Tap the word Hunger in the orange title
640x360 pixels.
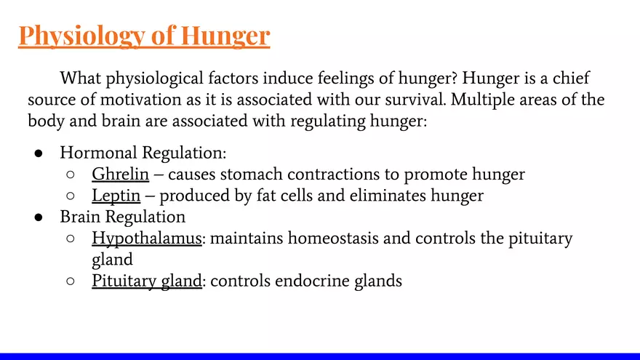[225, 35]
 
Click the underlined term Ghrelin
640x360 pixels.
[120, 175]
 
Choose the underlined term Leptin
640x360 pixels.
[116, 196]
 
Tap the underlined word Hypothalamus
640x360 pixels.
[146, 238]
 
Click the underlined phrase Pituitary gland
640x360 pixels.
[146, 280]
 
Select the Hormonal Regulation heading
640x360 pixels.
[143, 153]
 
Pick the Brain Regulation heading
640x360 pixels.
[122, 217]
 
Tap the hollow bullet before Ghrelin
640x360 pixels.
[71, 175]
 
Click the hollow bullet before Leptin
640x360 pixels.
[71, 196]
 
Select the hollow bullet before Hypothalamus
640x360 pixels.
[71, 239]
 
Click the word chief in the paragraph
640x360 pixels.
[568, 78]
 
